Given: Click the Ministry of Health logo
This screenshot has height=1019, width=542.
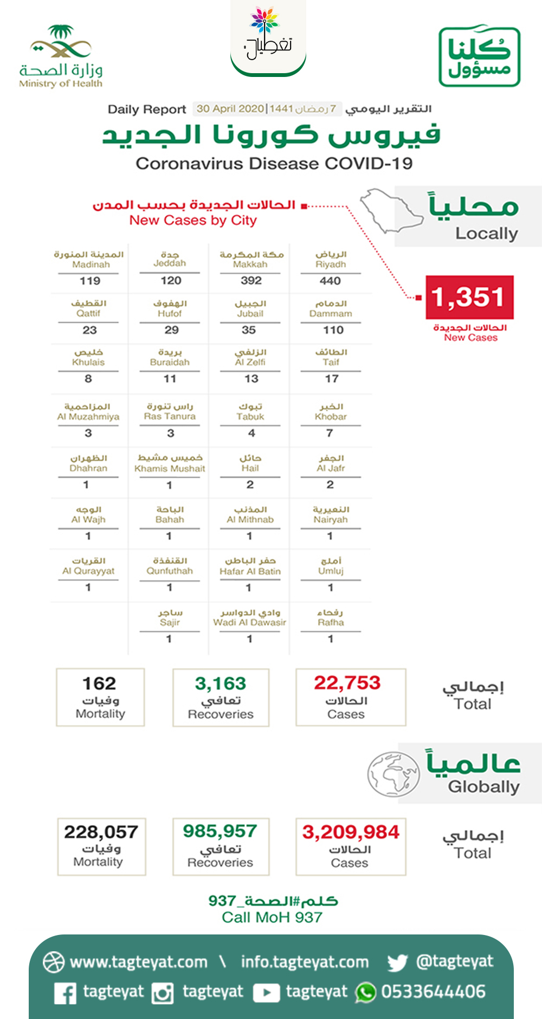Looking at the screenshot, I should (x=60, y=56).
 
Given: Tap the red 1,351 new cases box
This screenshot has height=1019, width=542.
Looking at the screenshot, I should (x=469, y=297).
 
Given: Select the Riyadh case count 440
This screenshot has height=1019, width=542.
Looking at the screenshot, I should (x=330, y=281).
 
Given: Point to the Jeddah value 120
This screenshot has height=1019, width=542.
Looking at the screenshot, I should (x=171, y=280).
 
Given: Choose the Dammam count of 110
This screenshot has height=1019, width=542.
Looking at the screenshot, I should (x=333, y=330).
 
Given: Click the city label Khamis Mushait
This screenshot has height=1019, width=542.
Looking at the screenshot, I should (x=170, y=468).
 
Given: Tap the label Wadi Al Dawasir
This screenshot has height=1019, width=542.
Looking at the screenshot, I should (x=249, y=622).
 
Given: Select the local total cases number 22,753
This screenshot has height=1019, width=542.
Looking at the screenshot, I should (x=347, y=682).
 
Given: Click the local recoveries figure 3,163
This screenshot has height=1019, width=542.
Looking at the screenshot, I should (x=221, y=683).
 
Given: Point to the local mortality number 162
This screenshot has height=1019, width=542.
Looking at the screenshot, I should (x=99, y=683).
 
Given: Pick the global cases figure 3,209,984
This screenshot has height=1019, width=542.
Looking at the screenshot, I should (x=351, y=832).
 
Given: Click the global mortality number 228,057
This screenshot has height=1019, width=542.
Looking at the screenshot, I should (x=101, y=832).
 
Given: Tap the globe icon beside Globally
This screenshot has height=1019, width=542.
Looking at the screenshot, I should (x=393, y=773).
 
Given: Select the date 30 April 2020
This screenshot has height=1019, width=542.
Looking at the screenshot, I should (x=230, y=109).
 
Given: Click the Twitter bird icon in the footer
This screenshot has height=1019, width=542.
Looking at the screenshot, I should (x=397, y=963).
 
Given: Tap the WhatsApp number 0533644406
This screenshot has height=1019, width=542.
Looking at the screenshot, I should (x=433, y=992).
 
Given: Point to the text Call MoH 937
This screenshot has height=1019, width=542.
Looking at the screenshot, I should (x=272, y=917).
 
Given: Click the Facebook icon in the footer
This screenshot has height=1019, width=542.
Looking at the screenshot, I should (x=66, y=993).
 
